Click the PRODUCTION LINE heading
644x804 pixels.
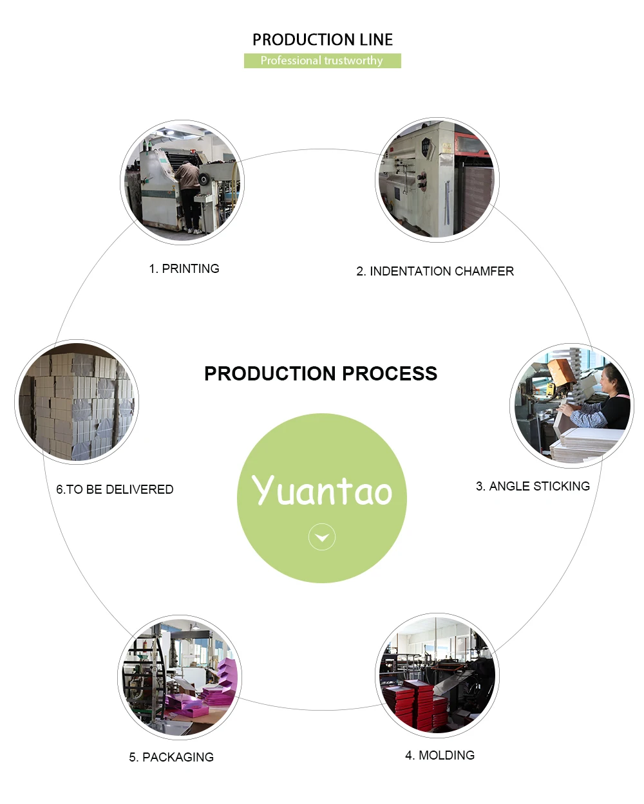(322, 40)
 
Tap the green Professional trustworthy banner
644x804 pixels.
(322, 61)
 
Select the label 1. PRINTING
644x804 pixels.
(184, 268)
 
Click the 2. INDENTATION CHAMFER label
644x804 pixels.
(435, 271)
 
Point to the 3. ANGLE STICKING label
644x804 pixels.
(533, 486)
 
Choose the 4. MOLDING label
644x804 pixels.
(440, 755)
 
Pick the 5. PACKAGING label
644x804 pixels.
(171, 757)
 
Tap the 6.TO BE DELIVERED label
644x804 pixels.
(115, 489)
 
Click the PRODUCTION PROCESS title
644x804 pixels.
(321, 373)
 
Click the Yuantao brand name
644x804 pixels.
(322, 491)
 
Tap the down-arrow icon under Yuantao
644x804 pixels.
(322, 537)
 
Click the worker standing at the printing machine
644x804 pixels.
(188, 193)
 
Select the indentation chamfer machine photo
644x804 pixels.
(437, 180)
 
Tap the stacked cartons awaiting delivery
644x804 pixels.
(76, 402)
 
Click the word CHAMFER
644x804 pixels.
(484, 271)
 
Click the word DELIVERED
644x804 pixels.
(139, 489)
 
